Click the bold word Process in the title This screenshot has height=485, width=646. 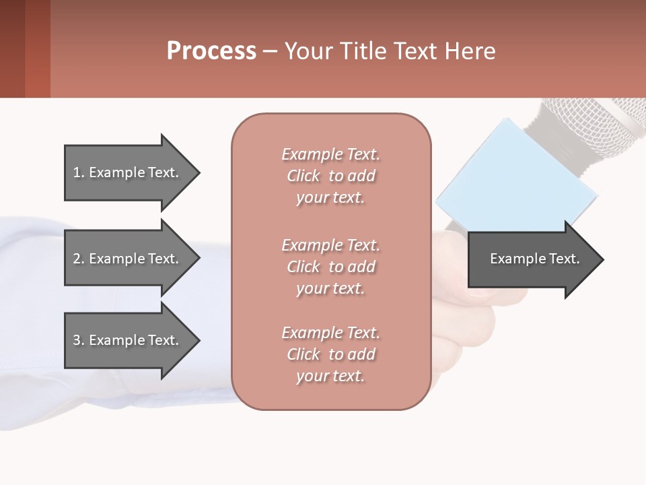pyautogui.click(x=211, y=51)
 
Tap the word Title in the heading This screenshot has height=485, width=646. pyautogui.click(x=361, y=51)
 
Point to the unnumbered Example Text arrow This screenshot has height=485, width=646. pyautogui.click(x=535, y=259)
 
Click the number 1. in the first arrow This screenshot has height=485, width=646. pyautogui.click(x=79, y=172)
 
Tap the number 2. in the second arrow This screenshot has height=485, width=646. pyautogui.click(x=79, y=259)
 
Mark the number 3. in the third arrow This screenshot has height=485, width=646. pyautogui.click(x=79, y=340)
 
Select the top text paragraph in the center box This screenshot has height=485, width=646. pyautogui.click(x=330, y=176)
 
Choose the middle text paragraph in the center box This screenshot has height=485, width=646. pyautogui.click(x=330, y=267)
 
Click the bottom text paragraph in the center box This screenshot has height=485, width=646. pyautogui.click(x=330, y=354)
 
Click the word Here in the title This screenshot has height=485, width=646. pyautogui.click(x=471, y=51)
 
